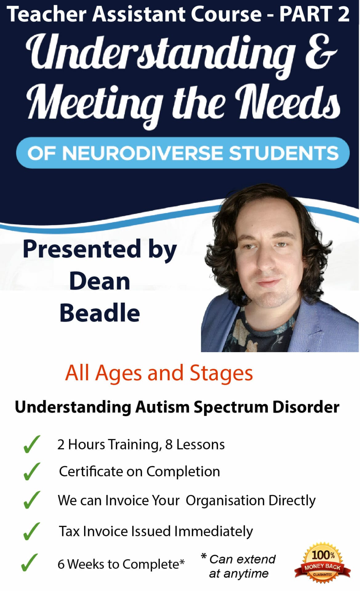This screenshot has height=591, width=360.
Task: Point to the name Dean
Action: [x=100, y=281]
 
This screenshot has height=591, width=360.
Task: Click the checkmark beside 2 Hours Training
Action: [x=32, y=444]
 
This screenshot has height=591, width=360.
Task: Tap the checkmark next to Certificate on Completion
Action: [x=32, y=471]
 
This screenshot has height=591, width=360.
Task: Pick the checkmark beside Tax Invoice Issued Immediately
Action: [x=32, y=531]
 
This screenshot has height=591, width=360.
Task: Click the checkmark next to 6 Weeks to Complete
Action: [x=30, y=562]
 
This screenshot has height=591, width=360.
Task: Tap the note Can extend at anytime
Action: [x=239, y=566]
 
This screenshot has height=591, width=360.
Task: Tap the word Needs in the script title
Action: [x=288, y=102]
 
